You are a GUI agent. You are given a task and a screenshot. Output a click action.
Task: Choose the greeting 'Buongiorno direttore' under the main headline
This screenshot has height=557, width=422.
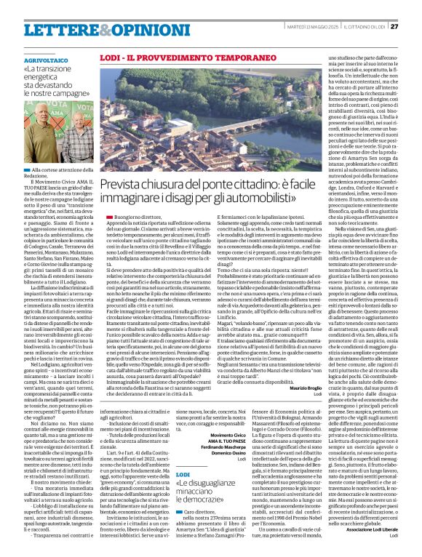point(127,217)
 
